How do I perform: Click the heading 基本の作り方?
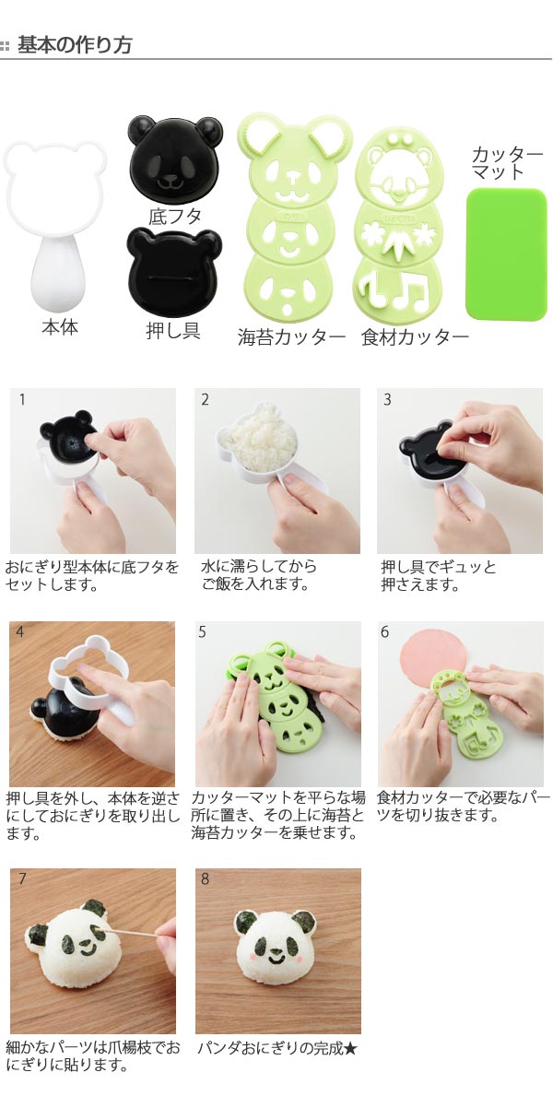74,45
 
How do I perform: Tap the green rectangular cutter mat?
506,253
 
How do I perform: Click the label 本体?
59,327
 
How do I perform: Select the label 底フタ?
175,216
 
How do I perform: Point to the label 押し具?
172,331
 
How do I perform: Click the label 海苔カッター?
291,337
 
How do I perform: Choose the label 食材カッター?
415,337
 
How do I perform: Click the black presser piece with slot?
173,272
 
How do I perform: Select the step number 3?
387,400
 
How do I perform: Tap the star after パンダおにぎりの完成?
349,1048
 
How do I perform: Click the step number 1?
22,400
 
